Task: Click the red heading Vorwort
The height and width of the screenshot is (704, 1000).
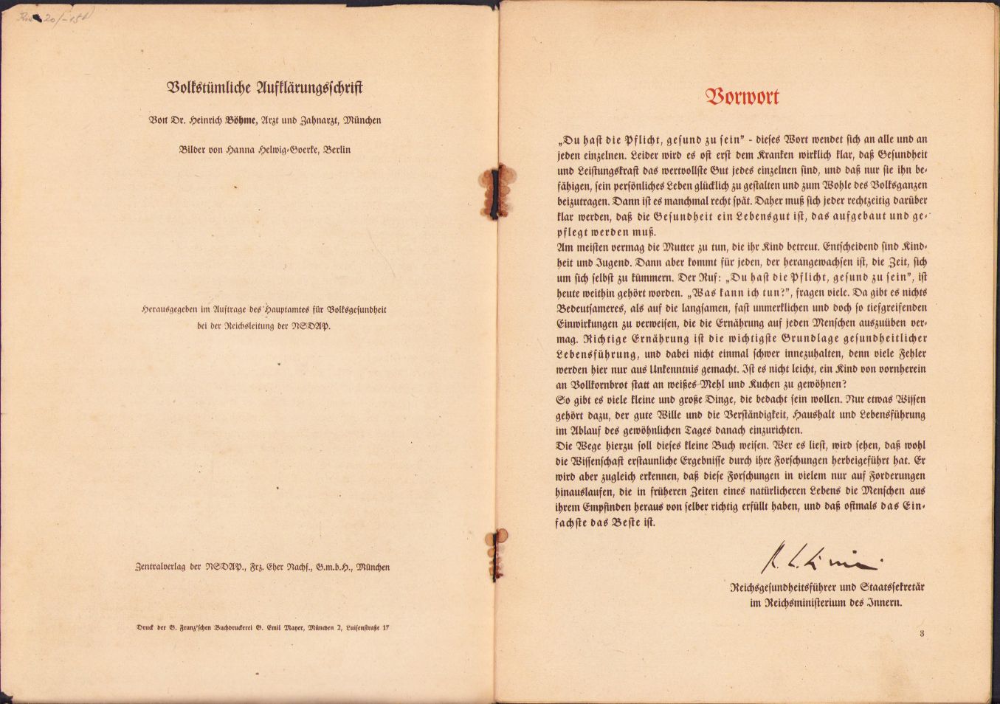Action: click(742, 97)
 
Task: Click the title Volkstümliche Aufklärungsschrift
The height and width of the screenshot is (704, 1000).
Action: click(265, 88)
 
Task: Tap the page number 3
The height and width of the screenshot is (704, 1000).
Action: click(922, 633)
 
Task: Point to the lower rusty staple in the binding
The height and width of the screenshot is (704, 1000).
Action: click(500, 550)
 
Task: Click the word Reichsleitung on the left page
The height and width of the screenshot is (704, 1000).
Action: click(248, 325)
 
